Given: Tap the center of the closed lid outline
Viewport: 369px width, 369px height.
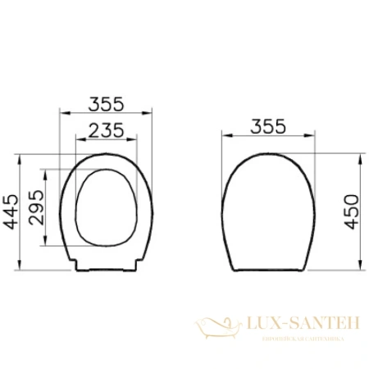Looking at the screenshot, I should point(269,209).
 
